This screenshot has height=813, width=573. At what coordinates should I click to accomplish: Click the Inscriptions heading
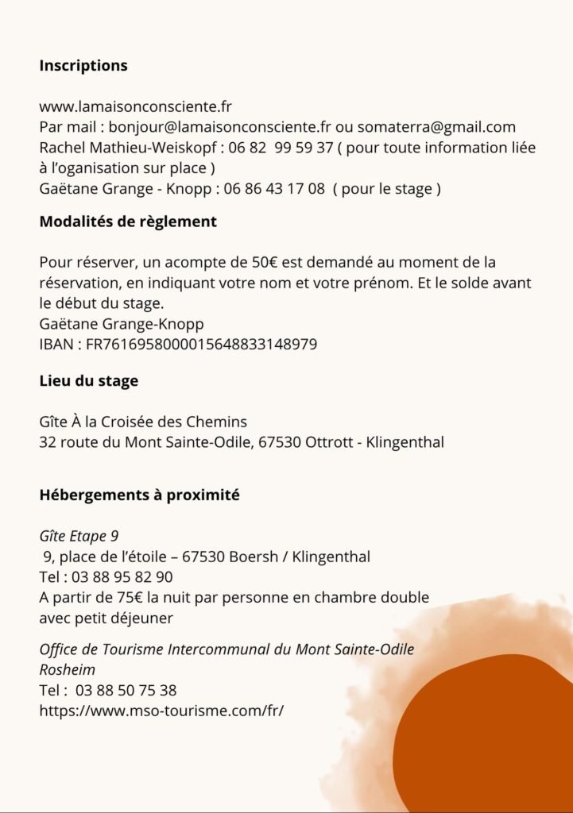pyautogui.click(x=83, y=66)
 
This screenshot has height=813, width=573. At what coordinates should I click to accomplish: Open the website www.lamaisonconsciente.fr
pyautogui.click(x=135, y=106)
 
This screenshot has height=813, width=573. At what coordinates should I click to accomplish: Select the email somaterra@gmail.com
pyautogui.click(x=436, y=127)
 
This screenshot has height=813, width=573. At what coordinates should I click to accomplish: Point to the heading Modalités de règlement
pyautogui.click(x=128, y=222)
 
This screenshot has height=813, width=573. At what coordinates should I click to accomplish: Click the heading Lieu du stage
pyautogui.click(x=89, y=381)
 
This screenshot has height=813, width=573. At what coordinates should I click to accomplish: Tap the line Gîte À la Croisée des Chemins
pyautogui.click(x=143, y=422)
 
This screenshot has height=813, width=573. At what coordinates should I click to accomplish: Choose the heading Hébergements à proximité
pyautogui.click(x=140, y=495)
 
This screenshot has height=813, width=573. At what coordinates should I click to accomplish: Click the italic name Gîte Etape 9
pyautogui.click(x=79, y=536)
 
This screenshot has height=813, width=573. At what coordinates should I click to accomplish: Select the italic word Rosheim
pyautogui.click(x=68, y=669)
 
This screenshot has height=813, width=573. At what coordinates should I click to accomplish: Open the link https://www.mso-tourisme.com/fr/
pyautogui.click(x=161, y=711)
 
